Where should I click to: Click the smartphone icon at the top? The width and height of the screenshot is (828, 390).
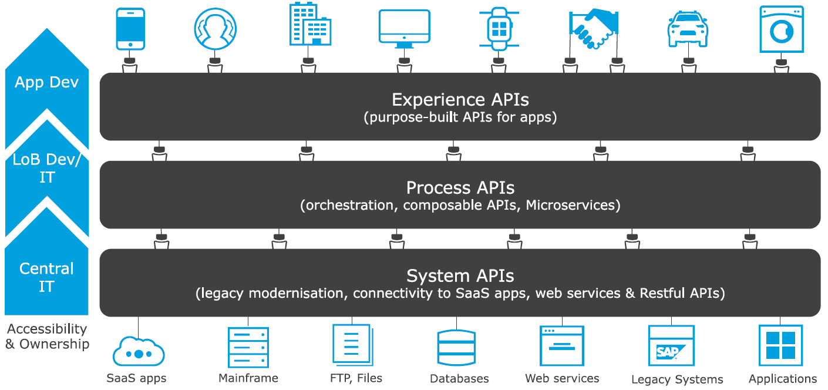pos(130,29)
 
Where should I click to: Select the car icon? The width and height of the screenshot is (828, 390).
pos(687,29)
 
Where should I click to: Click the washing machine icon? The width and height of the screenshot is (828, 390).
pos(781,29)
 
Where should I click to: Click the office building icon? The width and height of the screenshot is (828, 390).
pos(309,25)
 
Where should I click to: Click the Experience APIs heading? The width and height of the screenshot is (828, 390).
pos(460,99)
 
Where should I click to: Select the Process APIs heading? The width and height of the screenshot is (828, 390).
pos(460,187)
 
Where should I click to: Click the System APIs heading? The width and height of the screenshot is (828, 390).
pos(460,275)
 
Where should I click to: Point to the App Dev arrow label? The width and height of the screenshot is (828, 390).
pos(47,82)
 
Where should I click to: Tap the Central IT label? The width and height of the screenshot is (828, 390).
pos(47,277)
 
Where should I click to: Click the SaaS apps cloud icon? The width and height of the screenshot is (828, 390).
pos(138,351)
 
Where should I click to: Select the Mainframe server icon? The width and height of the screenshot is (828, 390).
pos(248,347)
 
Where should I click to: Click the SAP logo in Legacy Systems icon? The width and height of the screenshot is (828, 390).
pos(668,352)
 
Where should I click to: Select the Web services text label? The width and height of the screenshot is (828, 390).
pos(562,378)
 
